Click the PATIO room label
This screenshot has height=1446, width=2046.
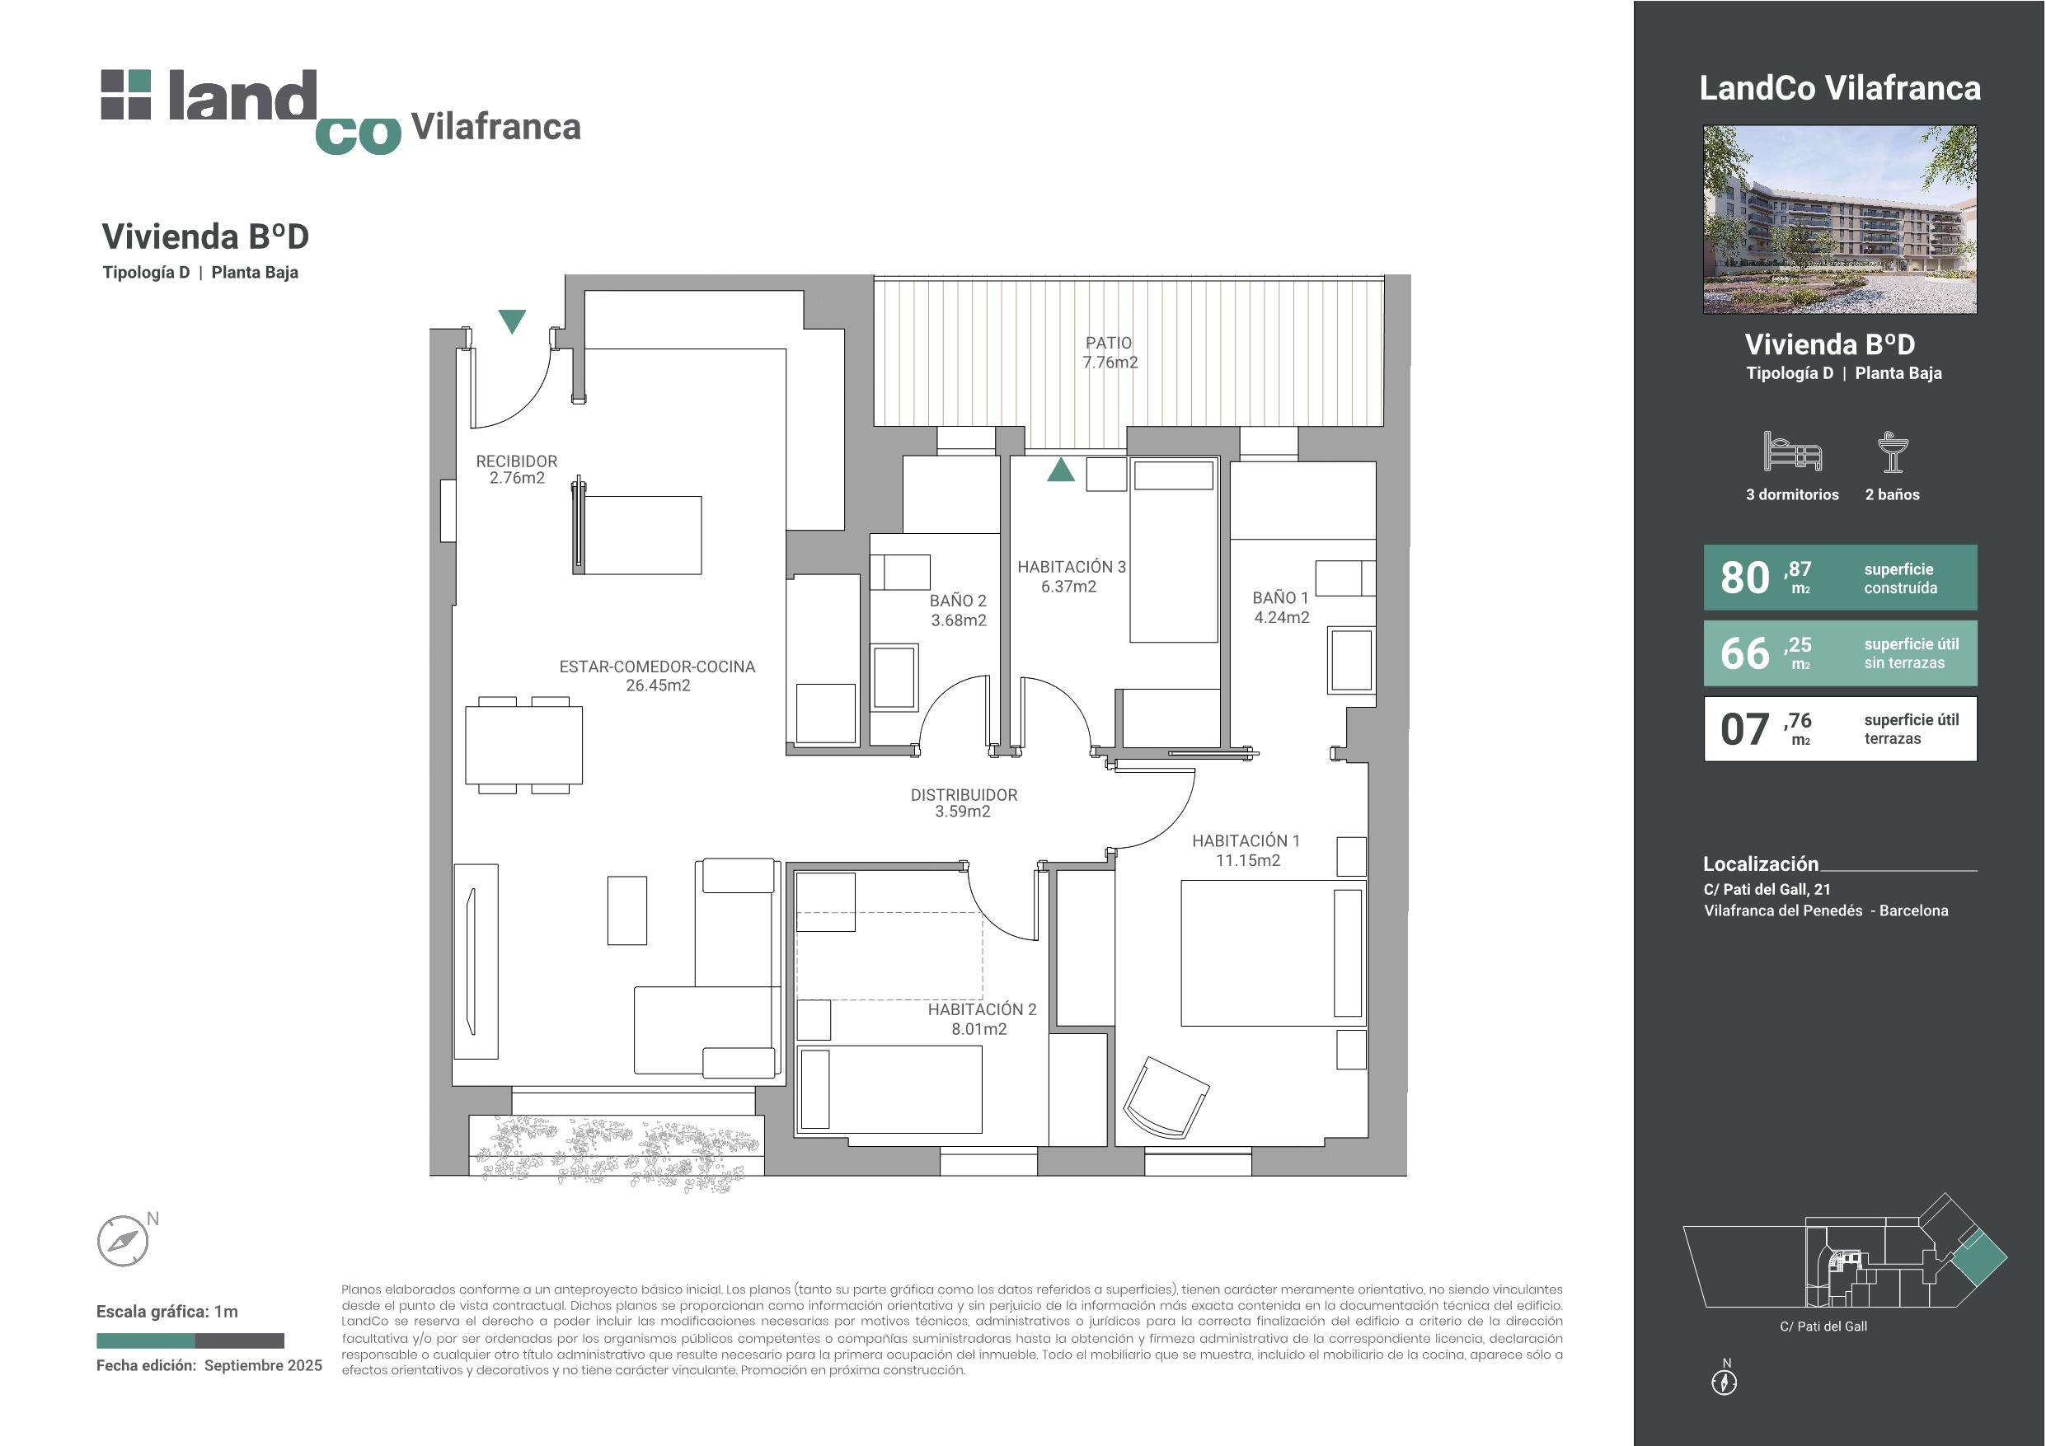1109,343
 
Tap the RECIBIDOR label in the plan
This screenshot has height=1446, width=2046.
516,461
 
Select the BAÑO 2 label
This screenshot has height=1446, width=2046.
958,601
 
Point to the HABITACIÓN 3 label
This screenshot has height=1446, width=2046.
1072,567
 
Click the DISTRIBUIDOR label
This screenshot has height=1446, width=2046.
964,795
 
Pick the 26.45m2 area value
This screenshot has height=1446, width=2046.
658,686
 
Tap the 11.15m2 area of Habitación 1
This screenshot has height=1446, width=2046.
1247,859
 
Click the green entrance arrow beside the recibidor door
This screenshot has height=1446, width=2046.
511,321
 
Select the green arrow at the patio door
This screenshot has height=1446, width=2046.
1060,470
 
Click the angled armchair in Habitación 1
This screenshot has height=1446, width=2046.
1166,1097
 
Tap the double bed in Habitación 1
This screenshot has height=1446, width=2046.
1273,952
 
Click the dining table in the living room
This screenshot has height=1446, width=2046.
524,745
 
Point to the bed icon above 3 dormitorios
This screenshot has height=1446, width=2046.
1792,451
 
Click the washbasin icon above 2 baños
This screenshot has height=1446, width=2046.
1892,452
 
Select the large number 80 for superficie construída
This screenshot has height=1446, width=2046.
1745,578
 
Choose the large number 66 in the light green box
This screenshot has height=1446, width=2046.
1745,653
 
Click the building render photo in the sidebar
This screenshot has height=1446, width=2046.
1839,219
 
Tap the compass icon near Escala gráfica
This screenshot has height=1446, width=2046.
122,1241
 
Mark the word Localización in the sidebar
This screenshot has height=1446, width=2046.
1760,863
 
